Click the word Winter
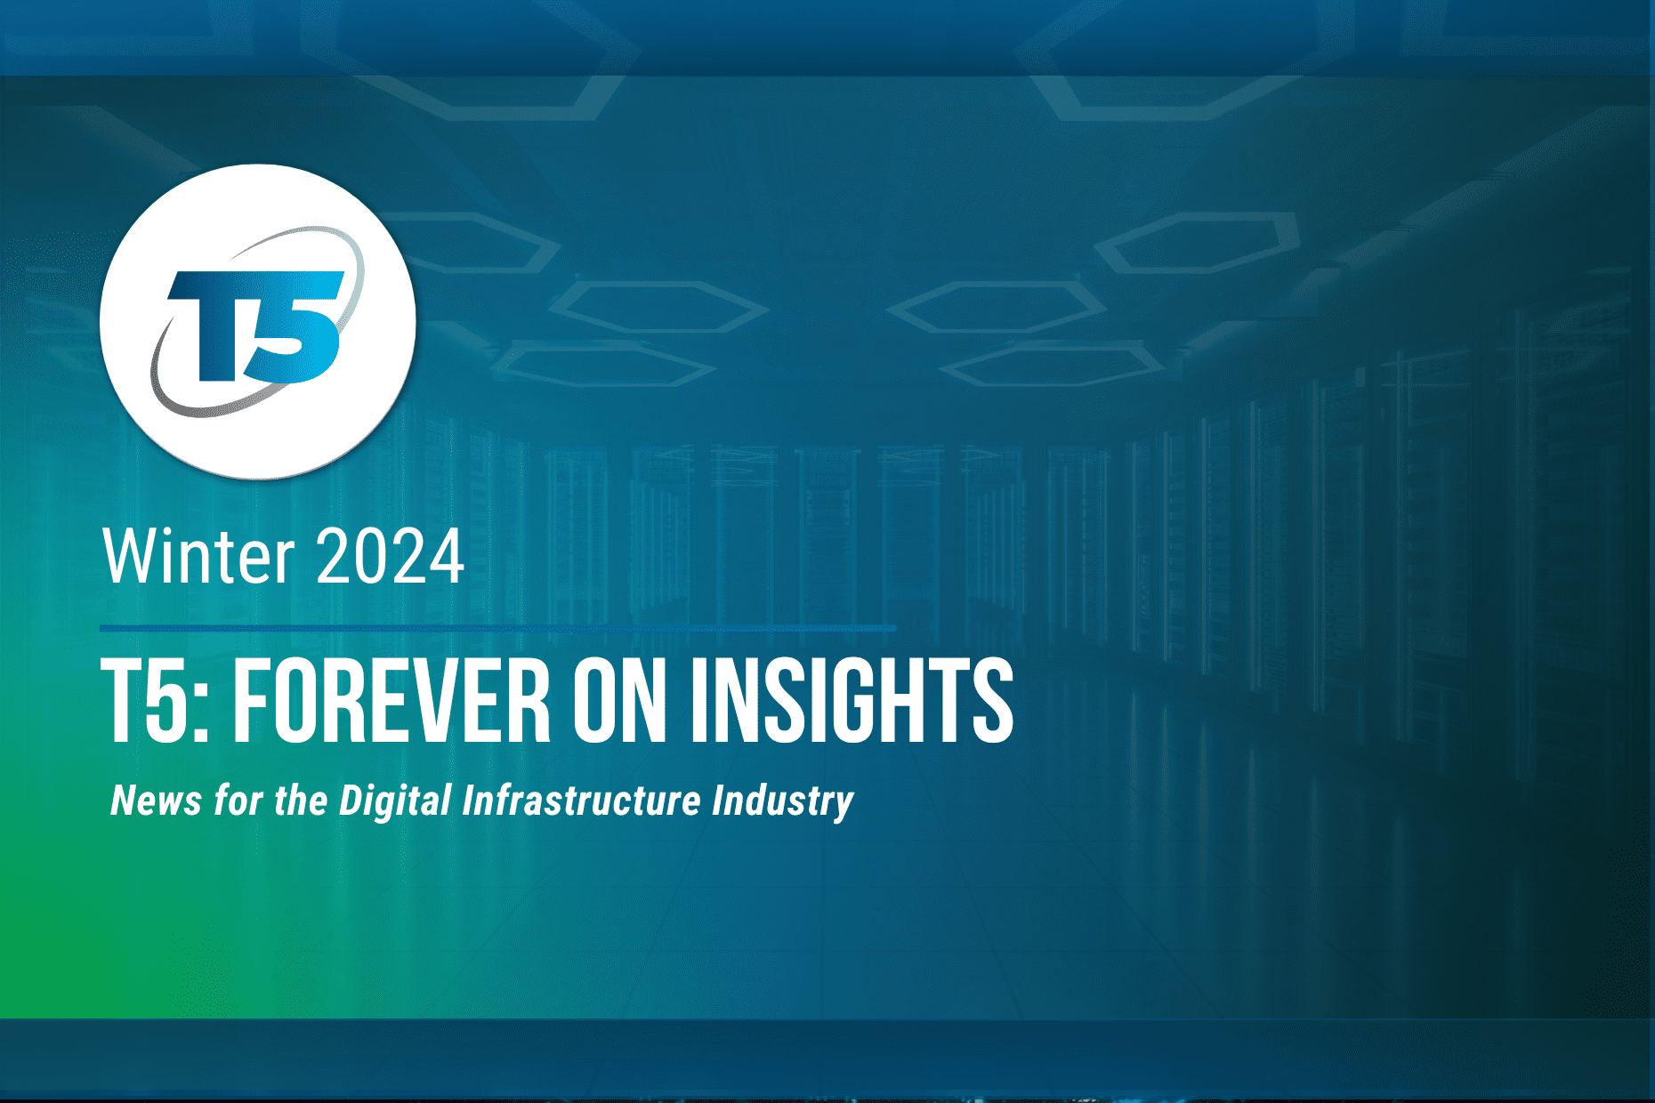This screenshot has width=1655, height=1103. [198, 557]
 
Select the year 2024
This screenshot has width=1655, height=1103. [390, 557]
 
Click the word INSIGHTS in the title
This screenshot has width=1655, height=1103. [852, 700]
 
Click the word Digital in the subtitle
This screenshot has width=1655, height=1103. [396, 801]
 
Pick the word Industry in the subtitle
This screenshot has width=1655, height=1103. [783, 801]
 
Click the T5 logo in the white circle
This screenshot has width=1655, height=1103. [257, 321]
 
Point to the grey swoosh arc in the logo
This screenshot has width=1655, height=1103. [178, 396]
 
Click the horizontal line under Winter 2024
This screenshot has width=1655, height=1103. [498, 628]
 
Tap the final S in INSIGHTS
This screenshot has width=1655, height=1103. [991, 700]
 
